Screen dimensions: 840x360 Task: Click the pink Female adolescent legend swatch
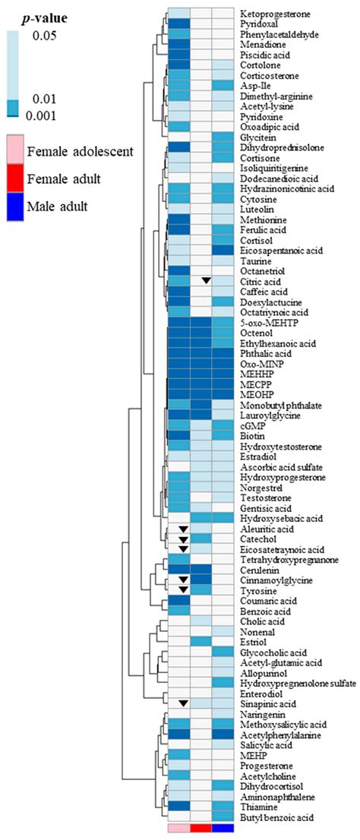15,150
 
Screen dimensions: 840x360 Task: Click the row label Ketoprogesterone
276,14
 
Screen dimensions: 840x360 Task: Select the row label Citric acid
261,281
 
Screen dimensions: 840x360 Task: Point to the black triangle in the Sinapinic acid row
182,704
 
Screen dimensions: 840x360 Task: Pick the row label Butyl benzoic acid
278,817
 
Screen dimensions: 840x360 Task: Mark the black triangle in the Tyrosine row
182,589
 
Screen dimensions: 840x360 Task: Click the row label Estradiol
257,456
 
